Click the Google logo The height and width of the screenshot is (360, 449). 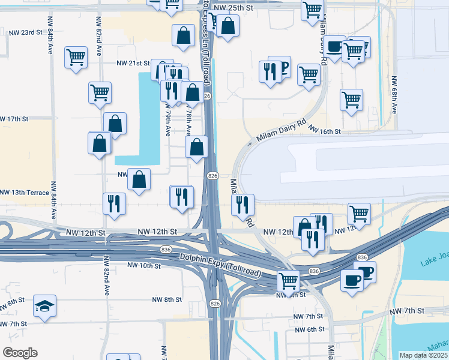point(20,353)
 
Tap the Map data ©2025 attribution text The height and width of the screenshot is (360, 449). point(423,355)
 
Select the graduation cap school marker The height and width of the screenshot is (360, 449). point(45,306)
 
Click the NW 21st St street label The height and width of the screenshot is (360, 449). point(133,63)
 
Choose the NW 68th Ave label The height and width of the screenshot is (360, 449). point(394,95)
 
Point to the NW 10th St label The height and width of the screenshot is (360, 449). point(144,265)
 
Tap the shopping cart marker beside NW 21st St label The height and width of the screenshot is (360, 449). point(76,58)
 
